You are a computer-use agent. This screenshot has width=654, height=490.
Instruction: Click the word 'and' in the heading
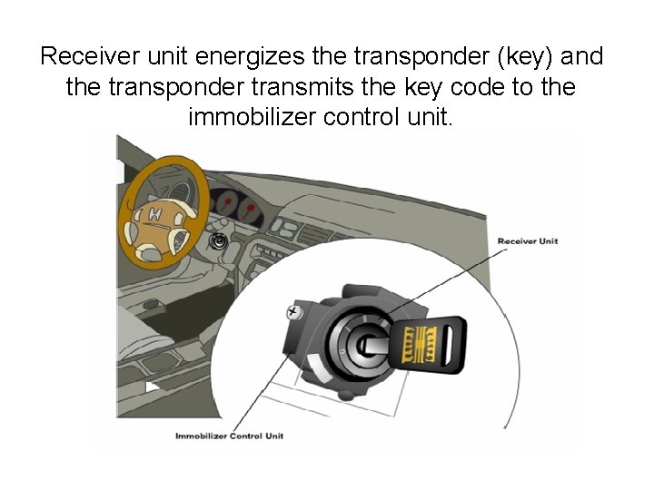click(583, 57)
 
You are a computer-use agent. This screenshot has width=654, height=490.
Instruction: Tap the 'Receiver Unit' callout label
click(528, 240)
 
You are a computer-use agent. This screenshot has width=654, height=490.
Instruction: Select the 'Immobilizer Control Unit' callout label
click(230, 436)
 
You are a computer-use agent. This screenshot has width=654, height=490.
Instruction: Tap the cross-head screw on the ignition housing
click(293, 311)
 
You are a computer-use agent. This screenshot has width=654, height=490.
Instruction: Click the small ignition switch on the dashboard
click(217, 242)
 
